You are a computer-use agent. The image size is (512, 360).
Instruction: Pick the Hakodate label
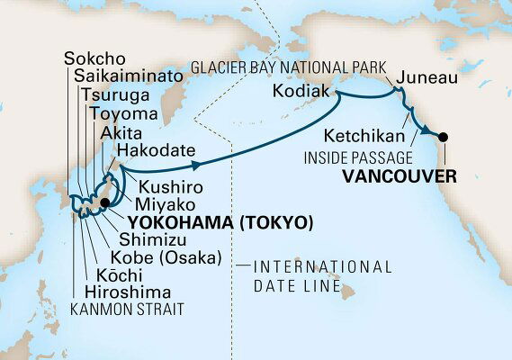(155, 152)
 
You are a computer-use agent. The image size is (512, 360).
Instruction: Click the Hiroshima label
(130, 292)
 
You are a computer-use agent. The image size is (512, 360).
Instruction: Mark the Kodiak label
(297, 93)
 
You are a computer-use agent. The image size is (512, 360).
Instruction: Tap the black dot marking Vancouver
(443, 138)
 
